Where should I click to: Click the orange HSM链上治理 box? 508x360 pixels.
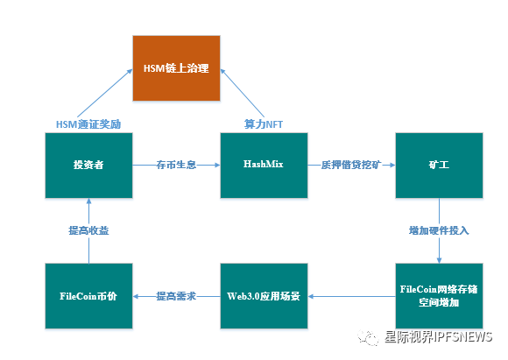click(x=176, y=68)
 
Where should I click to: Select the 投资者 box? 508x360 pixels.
click(x=88, y=166)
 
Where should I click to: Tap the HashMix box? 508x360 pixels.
click(x=264, y=166)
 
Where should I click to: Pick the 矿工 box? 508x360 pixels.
click(x=439, y=166)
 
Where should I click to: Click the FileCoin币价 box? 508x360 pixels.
click(x=88, y=296)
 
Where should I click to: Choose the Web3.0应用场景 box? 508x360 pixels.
click(x=264, y=296)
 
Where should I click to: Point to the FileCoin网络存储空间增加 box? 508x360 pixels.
click(x=439, y=296)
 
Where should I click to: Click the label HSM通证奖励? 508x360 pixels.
click(x=88, y=124)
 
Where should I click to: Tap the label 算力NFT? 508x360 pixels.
click(x=264, y=124)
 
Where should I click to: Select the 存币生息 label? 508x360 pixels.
click(x=176, y=165)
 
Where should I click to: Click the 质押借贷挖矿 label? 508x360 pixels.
click(x=351, y=165)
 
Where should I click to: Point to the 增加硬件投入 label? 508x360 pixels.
click(x=439, y=230)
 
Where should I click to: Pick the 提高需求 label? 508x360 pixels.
click(x=176, y=296)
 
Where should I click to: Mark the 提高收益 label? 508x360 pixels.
click(x=88, y=230)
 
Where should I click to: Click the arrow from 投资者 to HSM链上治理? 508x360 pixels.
click(x=105, y=93)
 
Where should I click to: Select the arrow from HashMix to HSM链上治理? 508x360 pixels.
click(x=243, y=93)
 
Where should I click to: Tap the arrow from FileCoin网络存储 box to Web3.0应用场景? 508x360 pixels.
click(x=351, y=296)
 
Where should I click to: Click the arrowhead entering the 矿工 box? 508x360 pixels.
click(x=392, y=165)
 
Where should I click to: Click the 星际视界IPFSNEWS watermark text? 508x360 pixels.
click(x=438, y=337)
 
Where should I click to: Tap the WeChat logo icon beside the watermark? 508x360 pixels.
click(x=368, y=337)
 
